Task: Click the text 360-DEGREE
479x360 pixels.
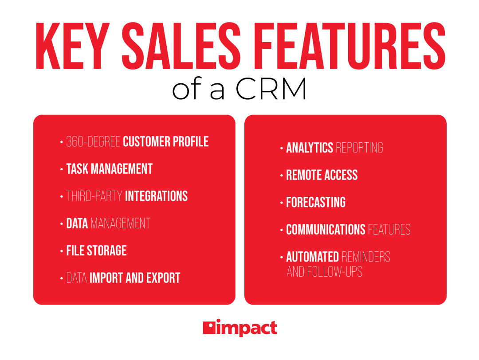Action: (93, 142)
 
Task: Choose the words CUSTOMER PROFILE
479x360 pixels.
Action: (165, 142)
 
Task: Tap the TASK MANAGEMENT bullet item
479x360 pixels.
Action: (109, 169)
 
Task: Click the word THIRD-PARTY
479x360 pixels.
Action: (94, 196)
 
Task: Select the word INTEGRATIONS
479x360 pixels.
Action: (156, 196)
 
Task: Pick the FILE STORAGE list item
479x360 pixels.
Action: (96, 250)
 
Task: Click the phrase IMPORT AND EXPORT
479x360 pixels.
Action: (135, 278)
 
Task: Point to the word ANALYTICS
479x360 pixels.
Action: (310, 148)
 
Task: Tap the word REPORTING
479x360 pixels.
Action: (359, 148)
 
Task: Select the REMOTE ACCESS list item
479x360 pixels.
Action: (322, 175)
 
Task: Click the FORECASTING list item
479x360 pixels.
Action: (315, 203)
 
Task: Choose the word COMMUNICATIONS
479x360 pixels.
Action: (326, 230)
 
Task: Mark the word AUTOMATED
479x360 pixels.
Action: (313, 257)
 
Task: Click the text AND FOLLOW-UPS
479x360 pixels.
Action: (324, 271)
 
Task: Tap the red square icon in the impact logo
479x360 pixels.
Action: (208, 328)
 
